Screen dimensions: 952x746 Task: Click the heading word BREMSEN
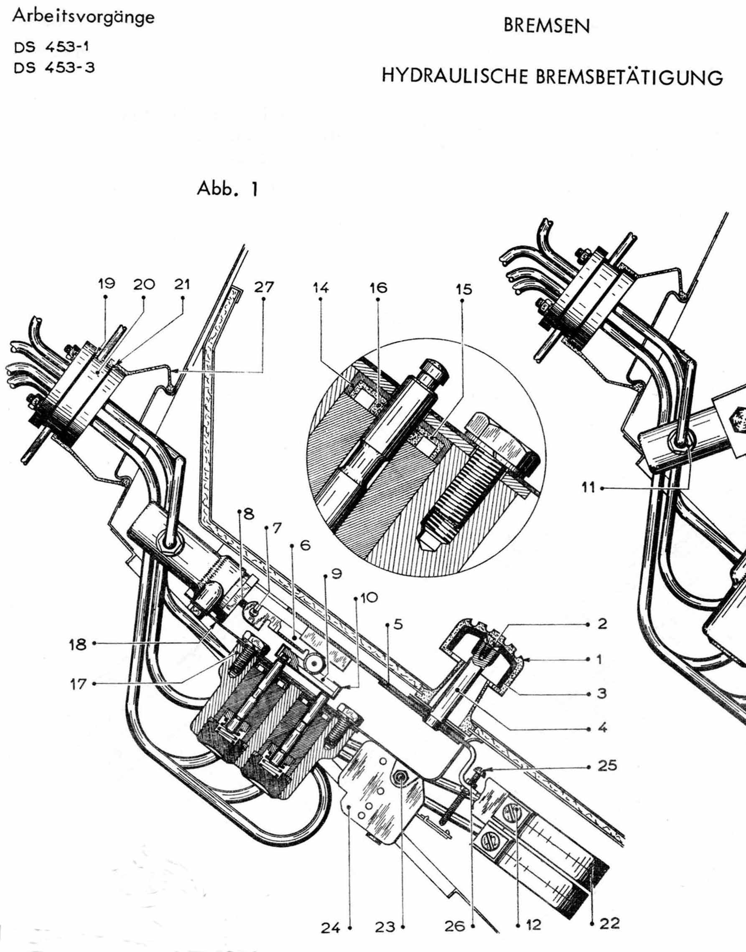[546, 26]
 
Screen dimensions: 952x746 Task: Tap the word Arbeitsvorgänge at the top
[84, 18]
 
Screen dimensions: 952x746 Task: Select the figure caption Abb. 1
[227, 189]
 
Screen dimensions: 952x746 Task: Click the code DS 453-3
[54, 68]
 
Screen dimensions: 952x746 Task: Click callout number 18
[78, 644]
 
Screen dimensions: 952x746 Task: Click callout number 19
[106, 284]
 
